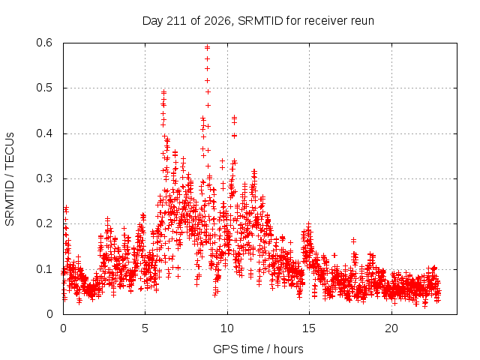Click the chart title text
(x=258, y=21)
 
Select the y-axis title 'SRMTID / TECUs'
(x=10, y=179)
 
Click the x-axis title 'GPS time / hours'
(x=258, y=349)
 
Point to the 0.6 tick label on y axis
(x=44, y=43)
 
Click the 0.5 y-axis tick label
(x=44, y=88)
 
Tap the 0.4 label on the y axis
(x=44, y=133)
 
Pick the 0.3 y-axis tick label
(x=44, y=178)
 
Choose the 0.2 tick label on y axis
(x=44, y=223)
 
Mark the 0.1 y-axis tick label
(x=44, y=269)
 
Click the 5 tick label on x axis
(x=145, y=328)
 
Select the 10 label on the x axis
(x=227, y=328)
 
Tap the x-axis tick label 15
(x=309, y=328)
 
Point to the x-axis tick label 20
(x=391, y=328)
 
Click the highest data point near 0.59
(x=207, y=47)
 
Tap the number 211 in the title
(x=177, y=21)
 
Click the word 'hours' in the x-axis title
(x=288, y=349)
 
